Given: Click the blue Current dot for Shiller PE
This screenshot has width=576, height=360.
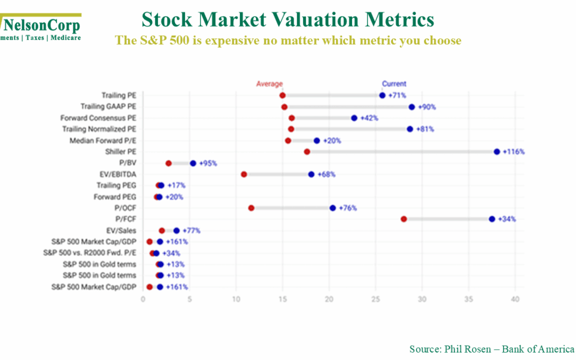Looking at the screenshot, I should (497, 151).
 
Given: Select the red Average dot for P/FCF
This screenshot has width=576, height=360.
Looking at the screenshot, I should (404, 219).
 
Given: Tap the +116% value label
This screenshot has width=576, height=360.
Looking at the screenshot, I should (514, 152).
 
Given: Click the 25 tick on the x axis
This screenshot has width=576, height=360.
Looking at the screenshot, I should (376, 299).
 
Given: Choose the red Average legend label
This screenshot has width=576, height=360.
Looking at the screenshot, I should (269, 84).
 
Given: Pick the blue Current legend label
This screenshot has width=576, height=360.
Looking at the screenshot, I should (394, 84).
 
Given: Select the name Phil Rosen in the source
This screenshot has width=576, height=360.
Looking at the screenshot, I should (463, 349).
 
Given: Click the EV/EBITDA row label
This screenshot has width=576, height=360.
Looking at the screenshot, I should (117, 174).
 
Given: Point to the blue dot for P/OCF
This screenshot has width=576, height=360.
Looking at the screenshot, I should (333, 208).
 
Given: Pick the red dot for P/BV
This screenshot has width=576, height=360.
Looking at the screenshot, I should (169, 163).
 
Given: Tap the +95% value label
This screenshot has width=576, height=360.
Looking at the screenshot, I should (208, 163).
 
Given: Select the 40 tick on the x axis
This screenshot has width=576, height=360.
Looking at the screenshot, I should (515, 299).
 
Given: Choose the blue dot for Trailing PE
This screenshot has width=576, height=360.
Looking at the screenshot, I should (382, 95).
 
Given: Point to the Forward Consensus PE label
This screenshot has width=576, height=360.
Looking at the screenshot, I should (98, 118).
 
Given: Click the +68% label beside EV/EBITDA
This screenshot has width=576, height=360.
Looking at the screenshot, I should (326, 174).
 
